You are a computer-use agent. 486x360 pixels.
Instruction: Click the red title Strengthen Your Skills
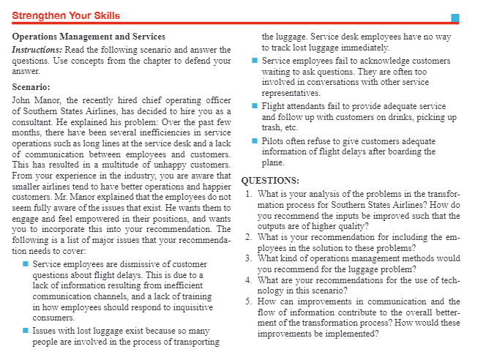[x=67, y=15]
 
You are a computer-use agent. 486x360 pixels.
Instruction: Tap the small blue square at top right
[x=455, y=18]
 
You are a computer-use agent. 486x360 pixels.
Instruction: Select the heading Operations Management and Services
[x=89, y=36]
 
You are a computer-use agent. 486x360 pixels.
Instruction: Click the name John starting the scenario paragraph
[x=23, y=100]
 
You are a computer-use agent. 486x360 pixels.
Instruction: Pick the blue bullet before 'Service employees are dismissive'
[x=26, y=263]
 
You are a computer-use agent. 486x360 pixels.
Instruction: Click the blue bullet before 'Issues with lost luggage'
[x=26, y=331]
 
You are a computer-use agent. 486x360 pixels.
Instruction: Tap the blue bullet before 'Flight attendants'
[x=253, y=107]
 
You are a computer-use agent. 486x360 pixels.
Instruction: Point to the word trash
[x=274, y=128]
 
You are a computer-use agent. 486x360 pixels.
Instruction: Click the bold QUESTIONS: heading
[x=269, y=181]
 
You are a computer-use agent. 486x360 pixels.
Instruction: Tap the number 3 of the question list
[x=250, y=258]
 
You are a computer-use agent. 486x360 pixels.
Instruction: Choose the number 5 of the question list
[x=250, y=302]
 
